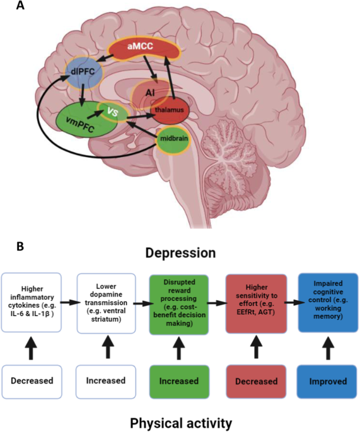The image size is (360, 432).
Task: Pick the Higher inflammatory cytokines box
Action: tap(37, 302)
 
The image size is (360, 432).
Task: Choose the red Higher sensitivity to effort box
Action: tap(252, 302)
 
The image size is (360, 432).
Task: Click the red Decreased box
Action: tap(252, 381)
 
